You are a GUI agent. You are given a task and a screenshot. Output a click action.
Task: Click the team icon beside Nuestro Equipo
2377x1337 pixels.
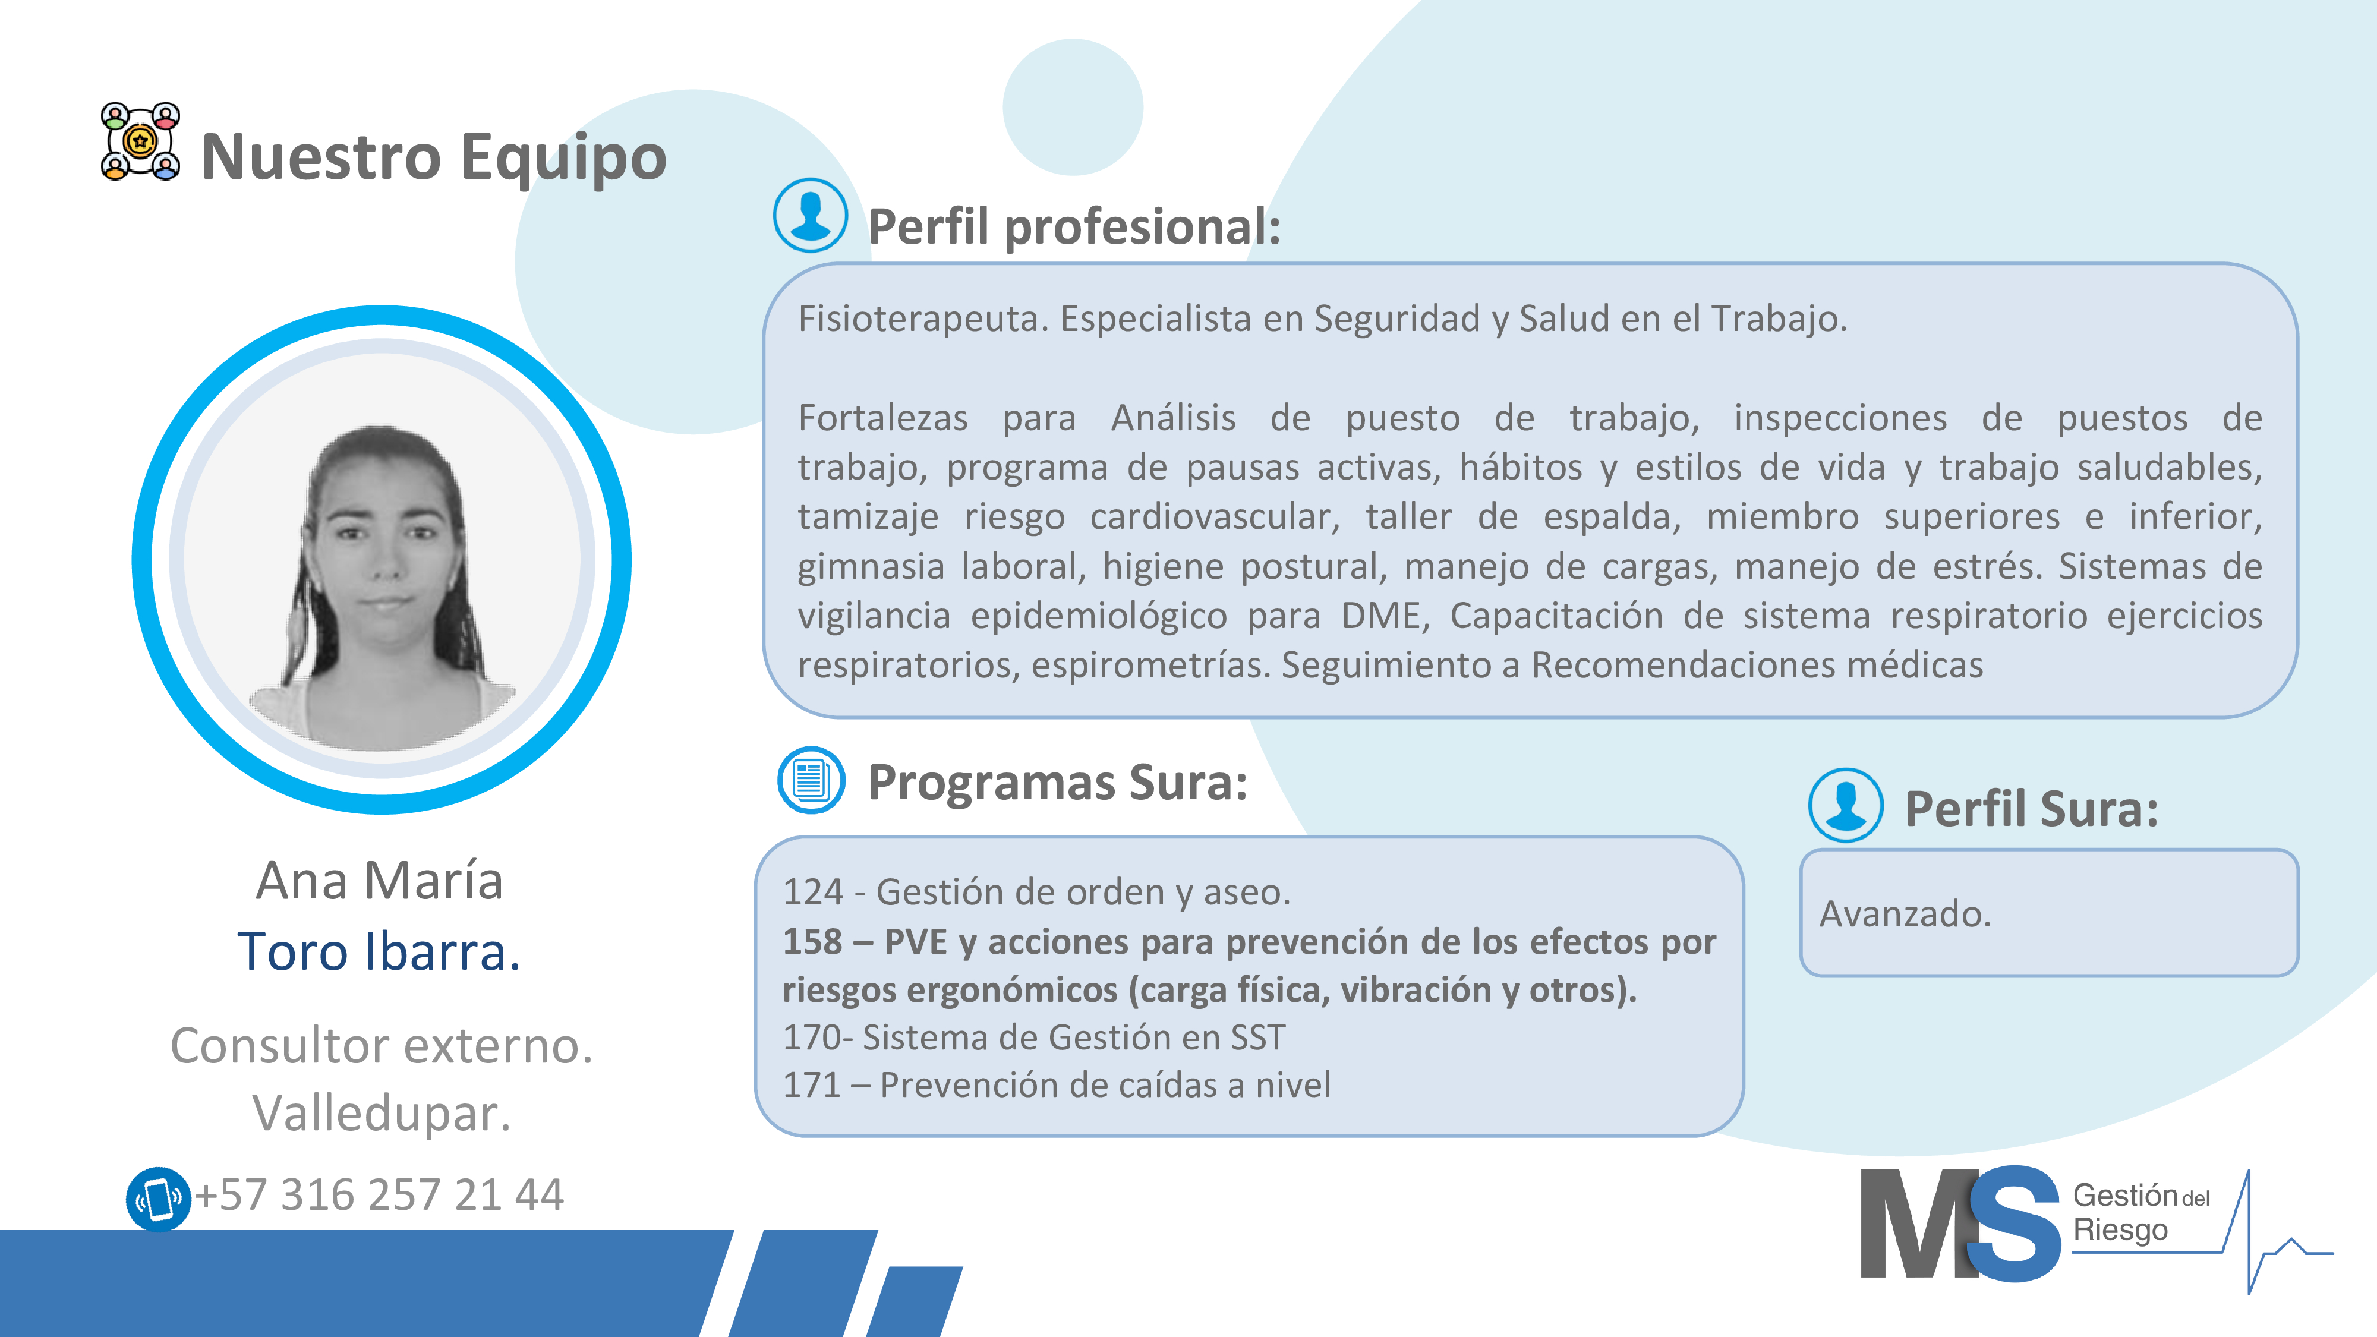pyautogui.click(x=140, y=141)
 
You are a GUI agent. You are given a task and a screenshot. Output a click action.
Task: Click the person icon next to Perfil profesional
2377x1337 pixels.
pyautogui.click(x=810, y=216)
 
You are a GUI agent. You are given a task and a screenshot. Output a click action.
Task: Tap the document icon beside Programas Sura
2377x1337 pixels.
pyautogui.click(x=811, y=781)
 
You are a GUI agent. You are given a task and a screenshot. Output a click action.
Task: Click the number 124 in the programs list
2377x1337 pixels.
pyautogui.click(x=813, y=893)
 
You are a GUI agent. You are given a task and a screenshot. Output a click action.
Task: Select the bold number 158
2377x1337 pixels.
pyautogui.click(x=813, y=942)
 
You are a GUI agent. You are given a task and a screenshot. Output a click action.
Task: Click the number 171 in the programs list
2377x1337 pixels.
pyautogui.click(x=812, y=1085)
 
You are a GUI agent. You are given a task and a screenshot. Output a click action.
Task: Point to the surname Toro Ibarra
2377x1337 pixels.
pyautogui.click(x=379, y=952)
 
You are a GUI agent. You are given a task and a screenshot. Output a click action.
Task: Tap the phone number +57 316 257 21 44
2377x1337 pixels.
pyautogui.click(x=379, y=1196)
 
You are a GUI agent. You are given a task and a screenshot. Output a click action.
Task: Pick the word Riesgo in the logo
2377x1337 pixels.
pyautogui.click(x=2120, y=1231)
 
